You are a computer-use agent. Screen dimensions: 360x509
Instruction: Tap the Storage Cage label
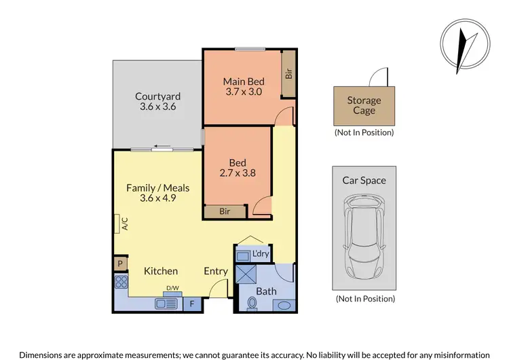364,105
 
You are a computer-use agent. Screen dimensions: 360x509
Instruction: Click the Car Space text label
364,181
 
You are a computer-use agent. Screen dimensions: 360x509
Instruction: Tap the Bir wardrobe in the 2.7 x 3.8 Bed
224,212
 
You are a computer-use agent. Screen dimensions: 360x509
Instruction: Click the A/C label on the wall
125,223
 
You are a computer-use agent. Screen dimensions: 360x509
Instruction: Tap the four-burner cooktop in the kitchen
121,281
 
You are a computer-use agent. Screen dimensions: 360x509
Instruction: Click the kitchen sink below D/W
166,304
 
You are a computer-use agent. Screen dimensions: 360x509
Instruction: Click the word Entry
216,271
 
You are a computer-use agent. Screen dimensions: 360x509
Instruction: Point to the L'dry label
261,255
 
